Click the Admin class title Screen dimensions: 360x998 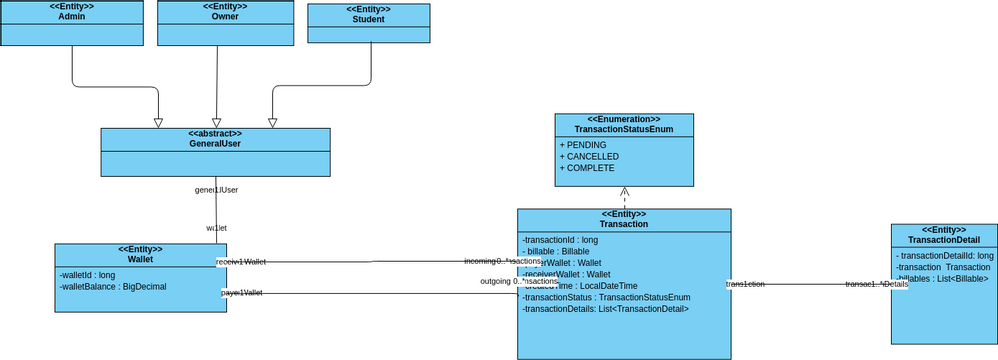click(x=71, y=17)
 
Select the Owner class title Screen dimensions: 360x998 click(x=225, y=17)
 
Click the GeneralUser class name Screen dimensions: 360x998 click(x=215, y=144)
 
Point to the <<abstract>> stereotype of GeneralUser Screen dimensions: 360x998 click(x=215, y=133)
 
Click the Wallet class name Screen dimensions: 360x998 click(x=140, y=260)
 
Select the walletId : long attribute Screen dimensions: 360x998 click(x=88, y=274)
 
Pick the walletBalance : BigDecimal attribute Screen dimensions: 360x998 click(x=113, y=286)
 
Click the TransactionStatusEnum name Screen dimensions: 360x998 click(x=623, y=130)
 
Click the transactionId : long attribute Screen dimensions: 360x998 click(x=560, y=240)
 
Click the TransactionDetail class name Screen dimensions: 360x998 click(x=943, y=240)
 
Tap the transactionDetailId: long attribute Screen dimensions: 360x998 click(x=944, y=256)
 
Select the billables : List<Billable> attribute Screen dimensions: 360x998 click(x=942, y=278)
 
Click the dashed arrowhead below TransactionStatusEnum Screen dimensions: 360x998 click(x=624, y=192)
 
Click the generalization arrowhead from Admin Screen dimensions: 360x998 click(x=158, y=122)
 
